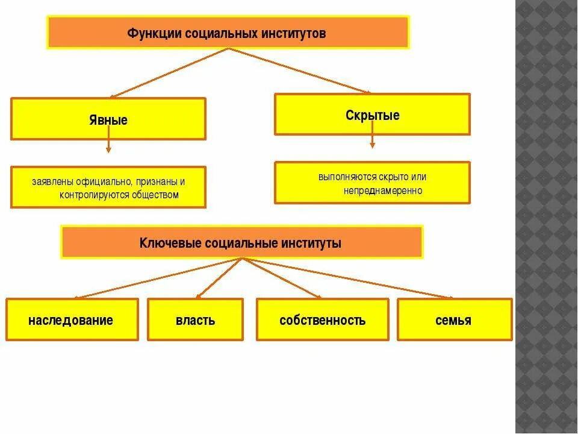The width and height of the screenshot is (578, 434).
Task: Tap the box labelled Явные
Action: coord(108,119)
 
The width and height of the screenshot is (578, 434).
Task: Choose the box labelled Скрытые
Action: coord(372,115)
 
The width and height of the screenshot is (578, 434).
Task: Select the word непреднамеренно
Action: coord(384,190)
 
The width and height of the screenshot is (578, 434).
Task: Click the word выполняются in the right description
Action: coord(347,177)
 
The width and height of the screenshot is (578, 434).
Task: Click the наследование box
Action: coord(72,320)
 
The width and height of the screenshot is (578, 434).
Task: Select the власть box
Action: coord(195,320)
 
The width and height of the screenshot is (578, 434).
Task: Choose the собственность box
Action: coord(322,320)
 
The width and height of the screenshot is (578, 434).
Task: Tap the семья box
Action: coord(453,320)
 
